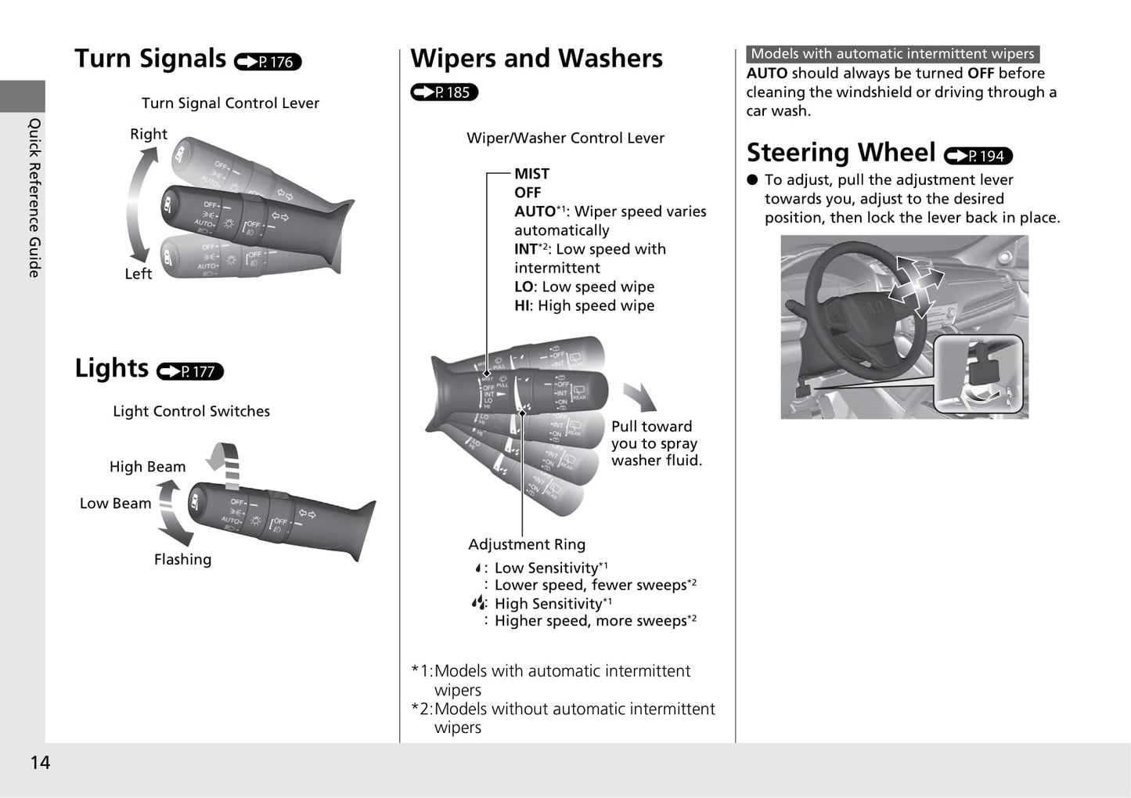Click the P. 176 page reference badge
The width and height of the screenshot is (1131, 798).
pos(268,61)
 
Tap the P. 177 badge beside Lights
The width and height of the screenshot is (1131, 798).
pos(190,371)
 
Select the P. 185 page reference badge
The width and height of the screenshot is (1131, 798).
pos(444,92)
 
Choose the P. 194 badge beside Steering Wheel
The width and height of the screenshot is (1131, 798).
pos(978,156)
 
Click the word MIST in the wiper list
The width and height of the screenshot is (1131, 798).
pos(531,174)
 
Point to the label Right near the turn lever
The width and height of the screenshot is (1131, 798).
pos(149,134)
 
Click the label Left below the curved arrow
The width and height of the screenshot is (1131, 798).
pos(139,273)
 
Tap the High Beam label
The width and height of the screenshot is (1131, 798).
pos(147,467)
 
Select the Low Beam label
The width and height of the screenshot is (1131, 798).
pos(115,504)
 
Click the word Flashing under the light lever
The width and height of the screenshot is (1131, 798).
pos(182,559)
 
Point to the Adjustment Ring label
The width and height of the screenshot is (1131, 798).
pos(527,544)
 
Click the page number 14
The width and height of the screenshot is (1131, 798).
pos(40,763)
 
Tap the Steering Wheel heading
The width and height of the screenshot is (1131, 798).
pos(841,152)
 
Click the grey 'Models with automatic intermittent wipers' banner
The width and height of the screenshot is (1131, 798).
pos(892,54)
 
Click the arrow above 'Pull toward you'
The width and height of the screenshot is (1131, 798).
pos(640,397)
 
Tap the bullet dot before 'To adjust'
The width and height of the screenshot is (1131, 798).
pos(753,179)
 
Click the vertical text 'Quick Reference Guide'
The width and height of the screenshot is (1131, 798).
pos(34,197)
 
